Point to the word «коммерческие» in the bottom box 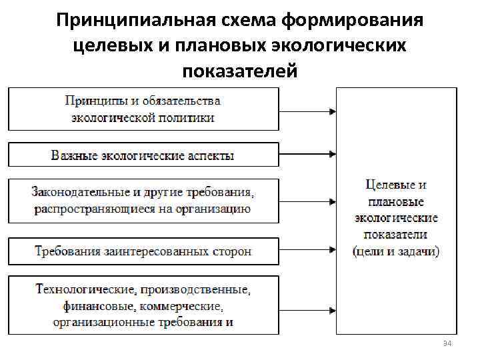click(x=185, y=307)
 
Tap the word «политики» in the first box click(x=190, y=118)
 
